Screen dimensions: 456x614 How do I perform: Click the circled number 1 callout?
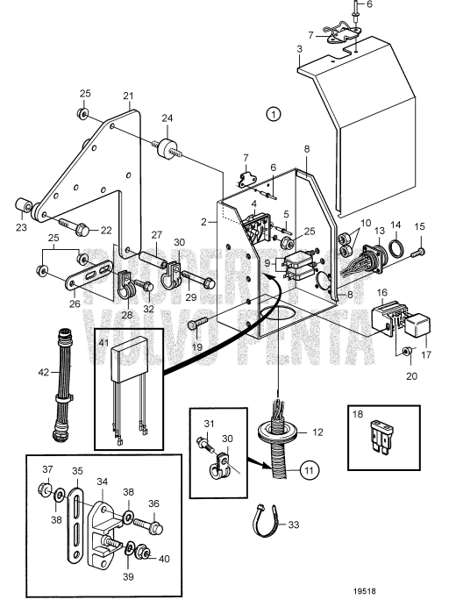[274, 114]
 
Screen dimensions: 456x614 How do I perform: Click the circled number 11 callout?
[310, 470]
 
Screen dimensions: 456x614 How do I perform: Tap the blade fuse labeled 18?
[380, 437]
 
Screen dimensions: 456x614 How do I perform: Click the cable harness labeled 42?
[61, 385]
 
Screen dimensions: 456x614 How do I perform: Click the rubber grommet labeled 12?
[277, 432]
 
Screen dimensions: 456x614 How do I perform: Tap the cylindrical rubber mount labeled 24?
[167, 149]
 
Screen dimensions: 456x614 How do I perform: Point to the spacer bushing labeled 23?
[23, 205]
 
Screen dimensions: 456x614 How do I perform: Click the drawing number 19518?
[364, 591]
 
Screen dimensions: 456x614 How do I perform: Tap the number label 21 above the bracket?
[128, 96]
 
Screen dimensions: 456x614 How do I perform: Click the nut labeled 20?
[407, 350]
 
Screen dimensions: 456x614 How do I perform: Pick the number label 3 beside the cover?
[300, 49]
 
